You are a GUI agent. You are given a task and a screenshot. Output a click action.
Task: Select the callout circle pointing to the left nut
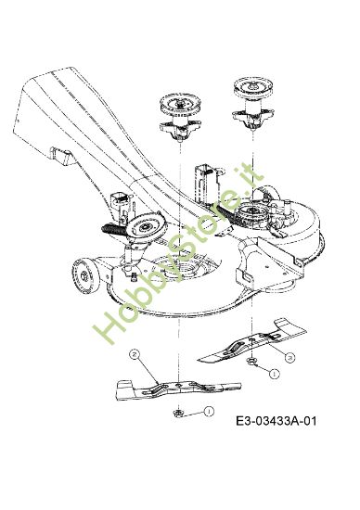pos(209,410)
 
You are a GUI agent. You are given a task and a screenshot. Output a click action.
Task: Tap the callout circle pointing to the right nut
pos(274,374)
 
